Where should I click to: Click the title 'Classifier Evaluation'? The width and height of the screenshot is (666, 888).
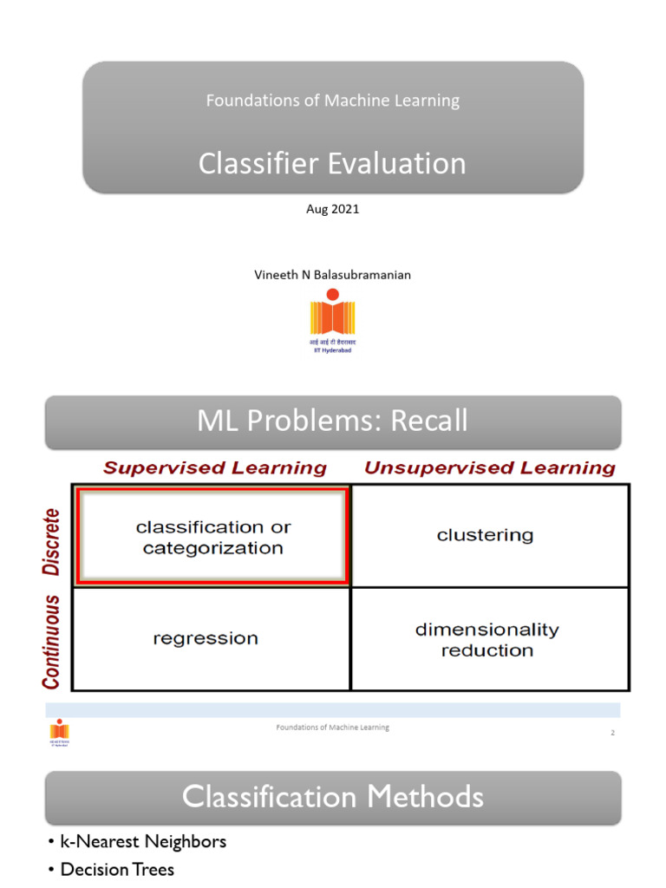coord(332,163)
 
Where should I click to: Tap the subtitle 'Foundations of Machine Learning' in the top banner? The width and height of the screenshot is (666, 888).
coord(332,101)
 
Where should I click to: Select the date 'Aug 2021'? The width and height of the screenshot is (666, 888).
coord(332,210)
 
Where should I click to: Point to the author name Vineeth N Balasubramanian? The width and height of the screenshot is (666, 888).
coord(332,275)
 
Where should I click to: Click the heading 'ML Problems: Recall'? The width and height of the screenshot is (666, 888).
coord(332,421)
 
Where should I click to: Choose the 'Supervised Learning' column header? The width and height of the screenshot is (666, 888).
coord(215,468)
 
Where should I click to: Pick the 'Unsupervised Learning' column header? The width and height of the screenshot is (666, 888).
coord(490,468)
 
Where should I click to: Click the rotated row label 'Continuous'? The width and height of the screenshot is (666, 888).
coord(52,641)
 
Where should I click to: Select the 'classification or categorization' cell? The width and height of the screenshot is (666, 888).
coord(213,537)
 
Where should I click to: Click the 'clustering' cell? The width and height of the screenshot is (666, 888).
coord(485,535)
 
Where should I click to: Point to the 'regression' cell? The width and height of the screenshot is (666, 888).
coord(206,638)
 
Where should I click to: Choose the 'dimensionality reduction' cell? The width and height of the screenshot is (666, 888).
coord(486,639)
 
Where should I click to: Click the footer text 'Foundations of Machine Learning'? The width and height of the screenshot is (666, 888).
coord(332,728)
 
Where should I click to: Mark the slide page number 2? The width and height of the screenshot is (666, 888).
coord(612,734)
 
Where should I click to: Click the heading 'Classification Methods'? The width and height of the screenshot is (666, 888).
coord(332,796)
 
